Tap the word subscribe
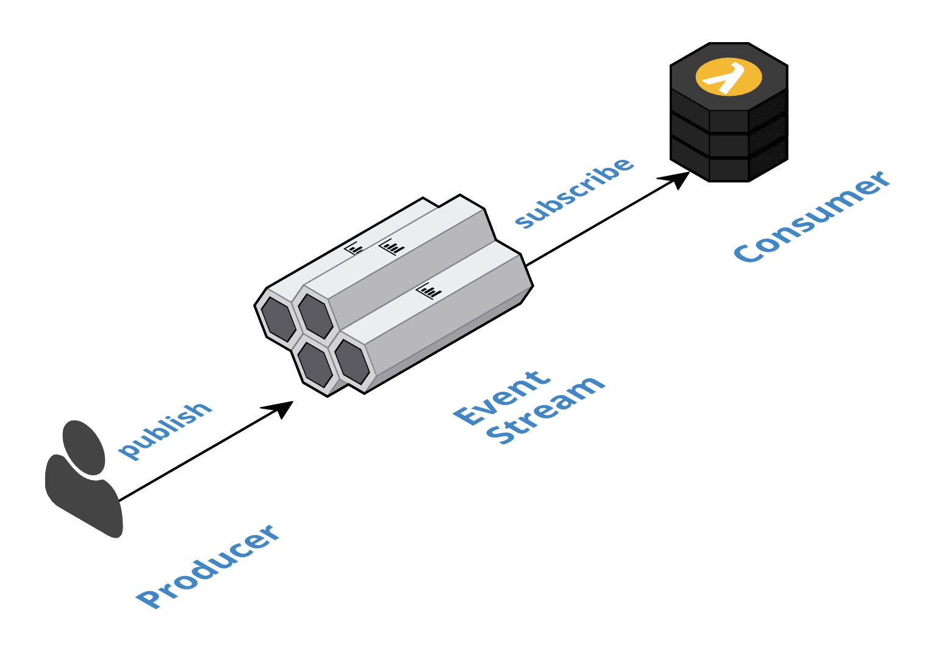coord(574,192)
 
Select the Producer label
coord(208,566)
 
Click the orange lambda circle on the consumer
coord(729,77)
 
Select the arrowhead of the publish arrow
coord(282,408)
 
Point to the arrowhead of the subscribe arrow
coord(678,178)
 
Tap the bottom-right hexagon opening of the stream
coord(352,362)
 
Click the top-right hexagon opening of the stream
coord(315,315)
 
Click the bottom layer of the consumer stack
coord(729,167)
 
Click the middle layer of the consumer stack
coord(729,144)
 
